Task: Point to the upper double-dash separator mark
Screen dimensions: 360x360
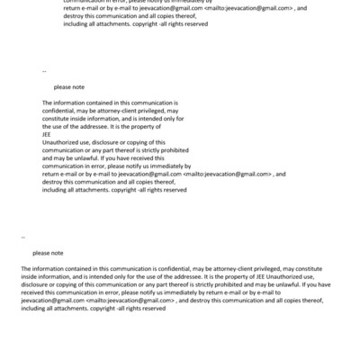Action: point(44,69)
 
